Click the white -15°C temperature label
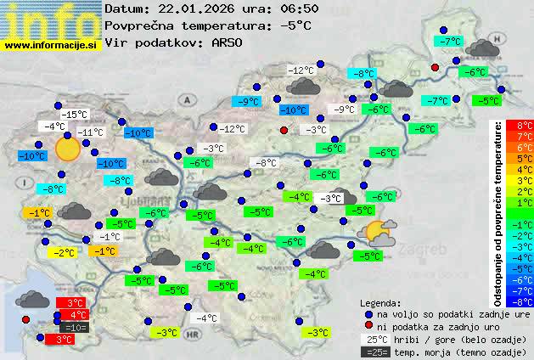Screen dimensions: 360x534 pyautogui.click(x=76, y=115)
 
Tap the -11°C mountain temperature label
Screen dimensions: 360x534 pyautogui.click(x=90, y=132)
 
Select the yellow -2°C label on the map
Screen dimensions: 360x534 pyautogui.click(x=63, y=253)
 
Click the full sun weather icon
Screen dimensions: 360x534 pyautogui.click(x=67, y=149)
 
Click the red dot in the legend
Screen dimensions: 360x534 pyautogui.click(x=368, y=326)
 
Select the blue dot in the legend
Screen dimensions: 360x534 pyautogui.click(x=368, y=313)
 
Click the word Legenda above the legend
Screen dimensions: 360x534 pyautogui.click(x=381, y=302)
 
